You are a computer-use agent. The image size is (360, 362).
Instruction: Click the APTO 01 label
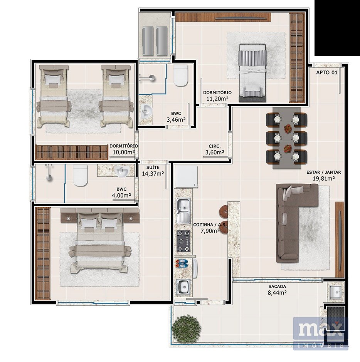pyautogui.click(x=327, y=72)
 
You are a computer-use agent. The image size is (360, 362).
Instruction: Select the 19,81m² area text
pyautogui.click(x=324, y=178)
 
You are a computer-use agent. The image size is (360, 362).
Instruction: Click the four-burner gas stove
pyautogui.click(x=184, y=241)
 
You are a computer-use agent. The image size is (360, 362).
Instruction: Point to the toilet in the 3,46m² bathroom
pyautogui.click(x=181, y=75)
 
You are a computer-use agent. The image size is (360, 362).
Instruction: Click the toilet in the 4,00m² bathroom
pyautogui.click(x=81, y=176)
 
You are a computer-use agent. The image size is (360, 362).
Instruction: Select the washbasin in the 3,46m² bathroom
pyautogui.click(x=146, y=111)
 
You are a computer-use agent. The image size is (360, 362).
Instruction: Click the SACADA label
pyautogui.click(x=277, y=287)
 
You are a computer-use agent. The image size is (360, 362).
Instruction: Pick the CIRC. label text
pyautogui.click(x=215, y=146)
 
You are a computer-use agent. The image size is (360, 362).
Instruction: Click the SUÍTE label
pyautogui.click(x=153, y=168)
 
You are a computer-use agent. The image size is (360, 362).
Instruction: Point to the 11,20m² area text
pyautogui.click(x=217, y=99)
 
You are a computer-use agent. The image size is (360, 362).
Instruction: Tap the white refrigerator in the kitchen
pyautogui.click(x=186, y=176)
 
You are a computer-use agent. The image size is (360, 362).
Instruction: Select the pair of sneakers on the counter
pyautogui.click(x=182, y=263)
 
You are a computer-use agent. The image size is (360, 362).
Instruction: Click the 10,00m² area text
pyautogui.click(x=124, y=153)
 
